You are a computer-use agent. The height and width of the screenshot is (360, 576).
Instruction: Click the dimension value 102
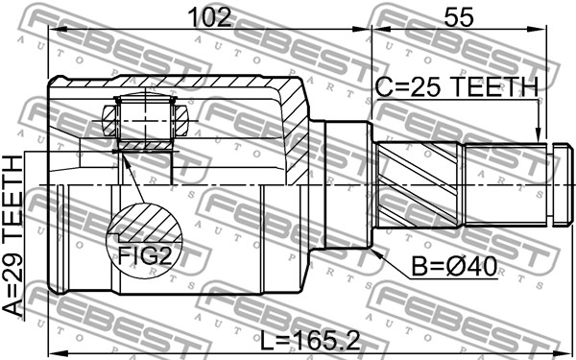point(209,17)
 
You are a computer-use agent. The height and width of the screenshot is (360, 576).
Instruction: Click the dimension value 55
point(459,17)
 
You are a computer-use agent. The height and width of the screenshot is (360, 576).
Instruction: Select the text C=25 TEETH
point(457,87)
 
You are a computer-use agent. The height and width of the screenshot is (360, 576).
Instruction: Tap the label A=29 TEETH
point(13,235)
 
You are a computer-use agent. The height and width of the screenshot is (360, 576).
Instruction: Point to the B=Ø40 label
point(454,266)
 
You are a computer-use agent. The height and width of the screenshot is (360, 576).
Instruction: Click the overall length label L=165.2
point(310,341)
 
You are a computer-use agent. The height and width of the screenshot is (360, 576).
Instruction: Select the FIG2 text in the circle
point(145,255)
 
